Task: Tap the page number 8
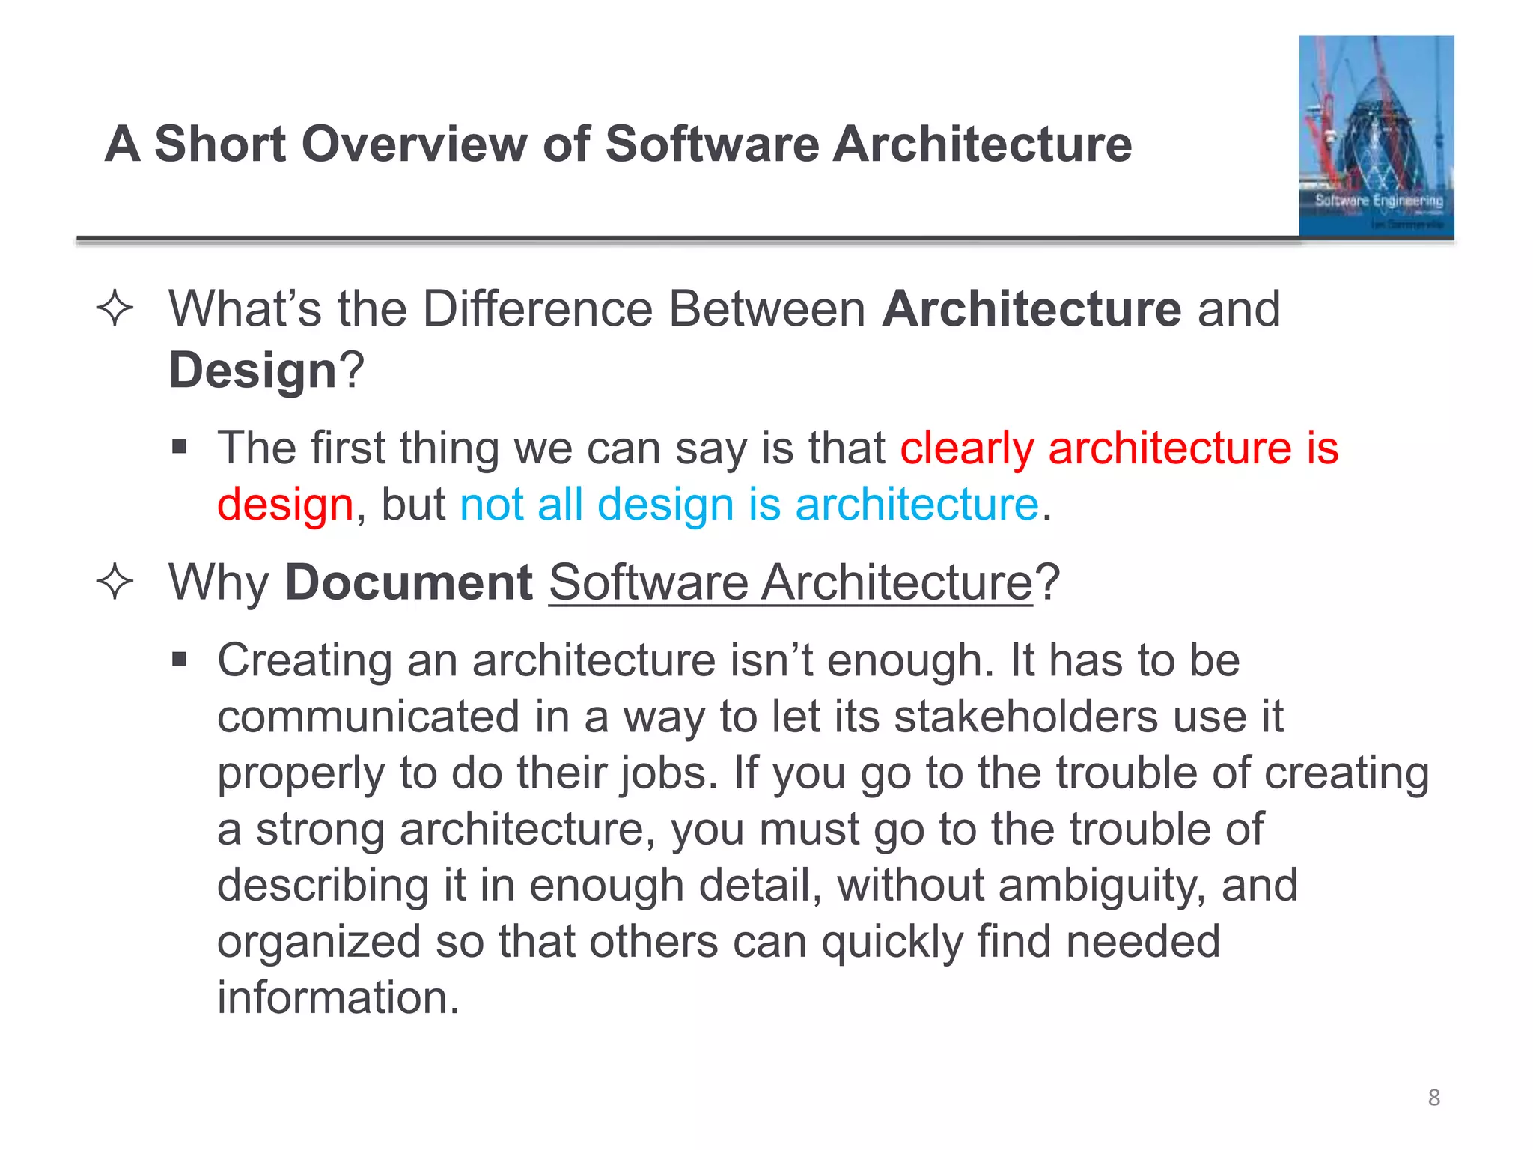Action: tap(1433, 1098)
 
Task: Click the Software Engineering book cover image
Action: tap(1376, 136)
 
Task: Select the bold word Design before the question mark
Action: tap(253, 371)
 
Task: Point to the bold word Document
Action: tap(409, 582)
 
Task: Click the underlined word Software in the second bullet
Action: tap(648, 582)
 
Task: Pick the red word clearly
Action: tap(966, 449)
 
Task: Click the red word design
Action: tap(285, 505)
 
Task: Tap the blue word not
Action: tap(491, 505)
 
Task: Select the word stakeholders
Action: tap(1026, 717)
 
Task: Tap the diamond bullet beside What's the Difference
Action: tap(115, 309)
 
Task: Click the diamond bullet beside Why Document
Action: tap(115, 582)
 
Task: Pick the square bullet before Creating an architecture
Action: tap(179, 660)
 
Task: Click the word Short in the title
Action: tap(220, 144)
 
